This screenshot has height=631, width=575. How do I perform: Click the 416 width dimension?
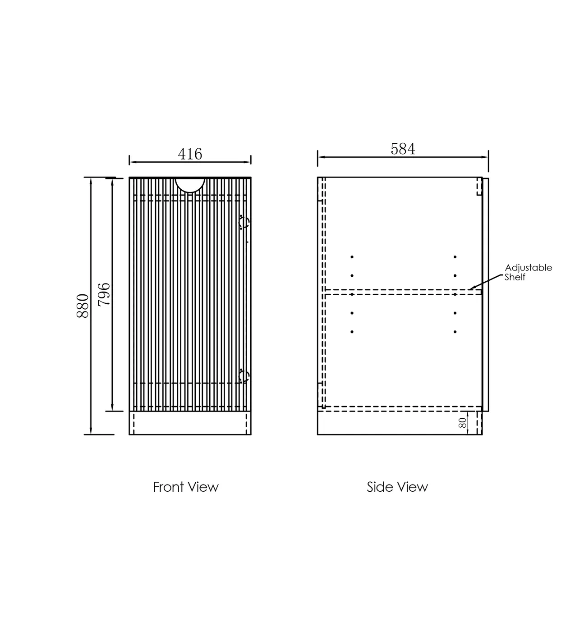click(190, 154)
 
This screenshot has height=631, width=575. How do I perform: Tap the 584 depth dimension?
click(403, 149)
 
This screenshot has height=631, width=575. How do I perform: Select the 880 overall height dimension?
click(83, 306)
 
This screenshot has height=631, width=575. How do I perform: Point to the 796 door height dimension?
click(104, 294)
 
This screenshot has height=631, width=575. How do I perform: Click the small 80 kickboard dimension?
click(462, 423)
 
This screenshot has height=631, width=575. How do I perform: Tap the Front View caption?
click(185, 487)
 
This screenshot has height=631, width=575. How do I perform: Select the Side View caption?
click(397, 487)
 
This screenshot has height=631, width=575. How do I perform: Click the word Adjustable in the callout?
click(529, 268)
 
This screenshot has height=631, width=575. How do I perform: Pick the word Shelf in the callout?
click(515, 277)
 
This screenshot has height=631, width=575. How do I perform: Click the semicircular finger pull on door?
click(190, 190)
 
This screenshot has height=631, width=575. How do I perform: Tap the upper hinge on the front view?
click(244, 222)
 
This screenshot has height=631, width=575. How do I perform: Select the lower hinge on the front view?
click(244, 376)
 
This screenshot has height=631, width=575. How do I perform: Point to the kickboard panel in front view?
click(190, 423)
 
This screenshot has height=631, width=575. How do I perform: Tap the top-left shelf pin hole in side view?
click(352, 257)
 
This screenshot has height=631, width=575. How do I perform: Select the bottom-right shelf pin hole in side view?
click(455, 332)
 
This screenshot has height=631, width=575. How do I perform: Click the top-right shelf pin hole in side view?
click(455, 257)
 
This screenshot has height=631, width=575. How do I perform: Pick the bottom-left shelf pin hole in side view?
click(352, 332)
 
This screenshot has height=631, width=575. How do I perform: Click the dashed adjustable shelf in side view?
click(403, 292)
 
